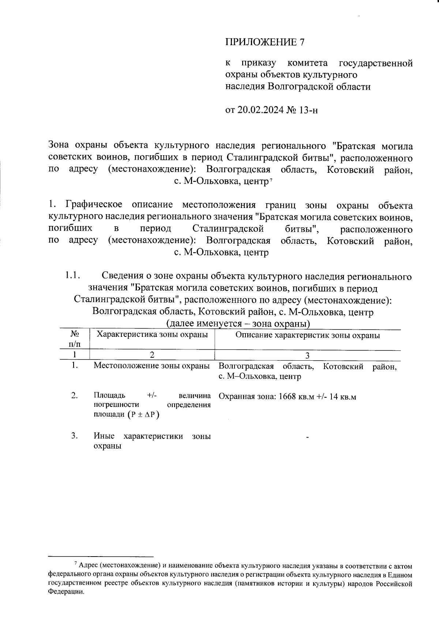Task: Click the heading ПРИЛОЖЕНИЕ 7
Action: click(x=264, y=42)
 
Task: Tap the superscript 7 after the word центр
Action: click(x=271, y=180)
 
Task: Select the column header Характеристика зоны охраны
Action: click(x=152, y=334)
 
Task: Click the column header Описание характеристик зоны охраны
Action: click(x=307, y=335)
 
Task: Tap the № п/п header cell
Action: click(x=75, y=339)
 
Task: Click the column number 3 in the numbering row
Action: click(x=307, y=355)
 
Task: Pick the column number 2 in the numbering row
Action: click(x=151, y=355)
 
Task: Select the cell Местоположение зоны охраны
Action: click(x=152, y=366)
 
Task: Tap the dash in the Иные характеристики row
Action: click(x=308, y=437)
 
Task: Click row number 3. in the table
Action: click(x=75, y=436)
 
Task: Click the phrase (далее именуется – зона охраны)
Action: click(x=238, y=324)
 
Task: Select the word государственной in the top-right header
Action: click(x=376, y=63)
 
